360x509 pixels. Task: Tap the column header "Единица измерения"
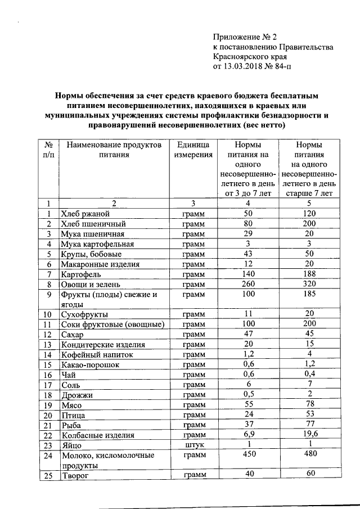coord(193,149)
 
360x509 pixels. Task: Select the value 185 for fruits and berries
coord(309,294)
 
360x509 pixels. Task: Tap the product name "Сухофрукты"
coord(85,314)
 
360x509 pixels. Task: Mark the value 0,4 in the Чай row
coord(309,374)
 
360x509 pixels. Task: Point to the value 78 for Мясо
coord(309,404)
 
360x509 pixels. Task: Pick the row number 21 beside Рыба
coord(49,425)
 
